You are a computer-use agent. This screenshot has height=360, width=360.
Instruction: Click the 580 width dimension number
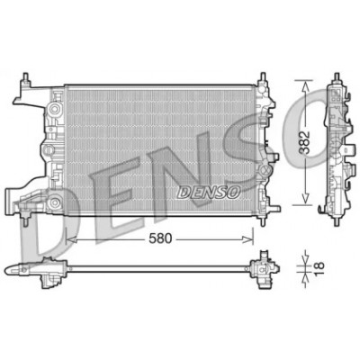pyautogui.click(x=160, y=238)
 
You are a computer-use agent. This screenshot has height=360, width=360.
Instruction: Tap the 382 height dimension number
pyautogui.click(x=306, y=142)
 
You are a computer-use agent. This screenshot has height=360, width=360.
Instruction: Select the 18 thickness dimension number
pyautogui.click(x=319, y=265)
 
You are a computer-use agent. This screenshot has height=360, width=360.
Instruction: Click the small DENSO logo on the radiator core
pyautogui.click(x=209, y=192)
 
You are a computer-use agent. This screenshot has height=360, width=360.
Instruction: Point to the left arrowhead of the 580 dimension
pyautogui.click(x=70, y=239)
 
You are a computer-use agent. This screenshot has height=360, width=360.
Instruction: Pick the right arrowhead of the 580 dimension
pyautogui.click(x=248, y=239)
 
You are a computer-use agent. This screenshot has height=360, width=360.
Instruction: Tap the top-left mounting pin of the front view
pyautogui.click(x=25, y=78)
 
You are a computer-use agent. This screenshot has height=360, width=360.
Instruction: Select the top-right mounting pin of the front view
pyautogui.click(x=263, y=78)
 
